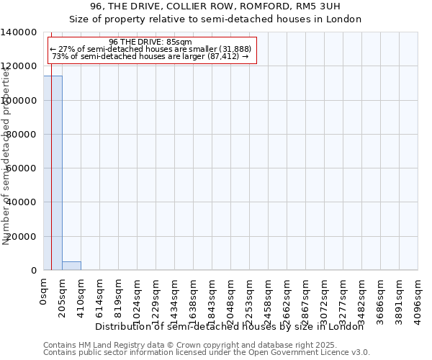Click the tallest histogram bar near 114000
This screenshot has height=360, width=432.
(x=53, y=173)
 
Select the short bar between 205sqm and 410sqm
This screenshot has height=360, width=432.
(x=71, y=266)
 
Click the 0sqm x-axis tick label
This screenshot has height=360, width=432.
(x=44, y=292)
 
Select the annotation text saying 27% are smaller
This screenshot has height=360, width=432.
(x=150, y=49)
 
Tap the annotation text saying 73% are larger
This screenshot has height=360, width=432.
(x=150, y=56)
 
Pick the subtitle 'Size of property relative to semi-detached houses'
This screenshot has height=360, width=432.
(x=215, y=19)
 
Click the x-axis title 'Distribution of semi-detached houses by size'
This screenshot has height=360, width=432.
(x=230, y=326)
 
